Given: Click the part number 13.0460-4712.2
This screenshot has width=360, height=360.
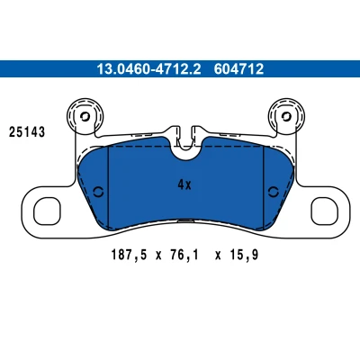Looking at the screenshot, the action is pyautogui.click(x=148, y=69).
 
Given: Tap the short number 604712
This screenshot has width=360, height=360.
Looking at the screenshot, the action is pyautogui.click(x=238, y=69).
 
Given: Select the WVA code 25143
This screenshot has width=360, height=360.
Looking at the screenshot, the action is pyautogui.click(x=27, y=132).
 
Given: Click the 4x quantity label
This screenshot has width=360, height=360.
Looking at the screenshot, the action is pyautogui.click(x=184, y=184).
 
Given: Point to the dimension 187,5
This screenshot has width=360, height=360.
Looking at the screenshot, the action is pyautogui.click(x=130, y=256).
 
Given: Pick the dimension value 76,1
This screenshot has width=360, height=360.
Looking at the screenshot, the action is pyautogui.click(x=184, y=256).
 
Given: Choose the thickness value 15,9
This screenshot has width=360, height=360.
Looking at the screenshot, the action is pyautogui.click(x=244, y=256).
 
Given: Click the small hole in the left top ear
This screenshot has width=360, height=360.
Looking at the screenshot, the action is pyautogui.click(x=85, y=116).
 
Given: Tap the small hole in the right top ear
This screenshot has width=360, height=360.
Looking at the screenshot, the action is pyautogui.click(x=287, y=116).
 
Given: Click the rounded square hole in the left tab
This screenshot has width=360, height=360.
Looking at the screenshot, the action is pyautogui.click(x=47, y=211).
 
